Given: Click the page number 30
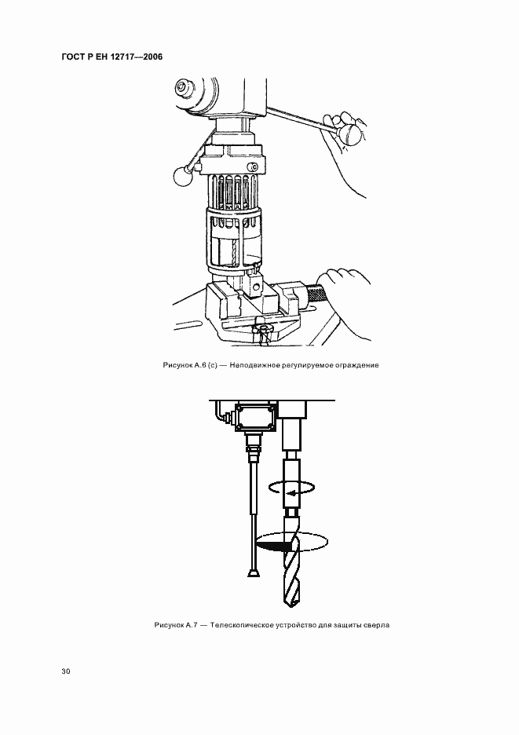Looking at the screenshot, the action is coord(66,671).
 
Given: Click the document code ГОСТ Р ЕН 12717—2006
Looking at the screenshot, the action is coord(112,57).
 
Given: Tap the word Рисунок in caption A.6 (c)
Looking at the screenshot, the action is coord(175,364).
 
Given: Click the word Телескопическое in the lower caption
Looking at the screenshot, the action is coord(236,625).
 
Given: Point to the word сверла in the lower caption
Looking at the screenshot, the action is coord(378,625).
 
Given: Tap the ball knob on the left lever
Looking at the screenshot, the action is coord(182,177).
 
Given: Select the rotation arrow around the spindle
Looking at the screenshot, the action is coord(291,488).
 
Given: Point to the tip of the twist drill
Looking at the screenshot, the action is coord(291,606).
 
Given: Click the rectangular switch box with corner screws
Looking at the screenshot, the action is coord(254,416).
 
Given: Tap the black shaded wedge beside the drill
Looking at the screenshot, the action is coord(274,546).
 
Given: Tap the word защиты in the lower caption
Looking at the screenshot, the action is coord(352,625).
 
